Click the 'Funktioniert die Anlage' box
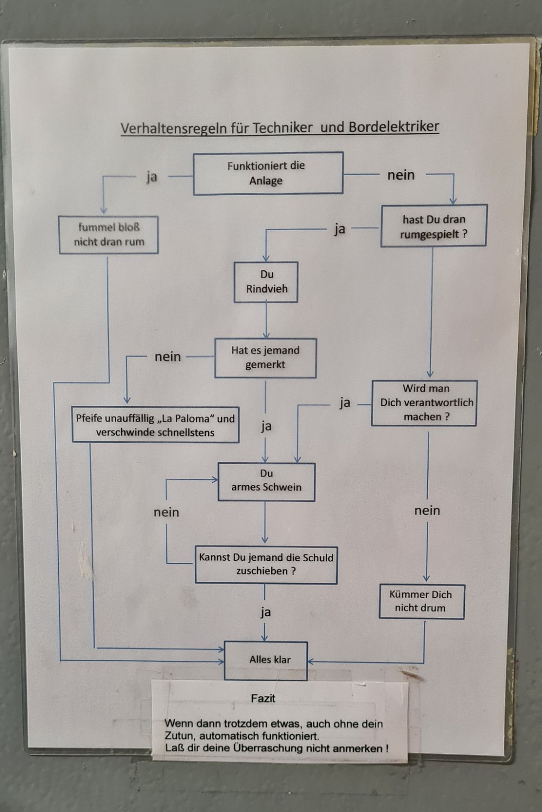coord(268,174)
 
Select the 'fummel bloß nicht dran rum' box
coord(109,235)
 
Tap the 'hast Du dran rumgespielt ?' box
coord(433,226)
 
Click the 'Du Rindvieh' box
coord(266,282)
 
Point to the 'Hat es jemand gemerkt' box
coord(265,358)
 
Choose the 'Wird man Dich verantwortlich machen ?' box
coord(424,403)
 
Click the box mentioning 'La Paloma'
coord(155,425)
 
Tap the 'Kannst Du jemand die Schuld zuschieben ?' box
coord(266,564)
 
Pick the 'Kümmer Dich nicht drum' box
coord(421,601)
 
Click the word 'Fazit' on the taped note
coord(263,698)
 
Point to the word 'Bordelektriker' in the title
coord(394,127)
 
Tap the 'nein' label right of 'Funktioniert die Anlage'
coord(401,175)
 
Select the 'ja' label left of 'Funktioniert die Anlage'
coord(152,177)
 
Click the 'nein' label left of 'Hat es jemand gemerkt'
coord(168,357)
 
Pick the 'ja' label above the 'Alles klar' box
coord(266,612)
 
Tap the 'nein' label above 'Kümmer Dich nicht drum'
coord(427,510)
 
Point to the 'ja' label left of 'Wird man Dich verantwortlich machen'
coord(345,403)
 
